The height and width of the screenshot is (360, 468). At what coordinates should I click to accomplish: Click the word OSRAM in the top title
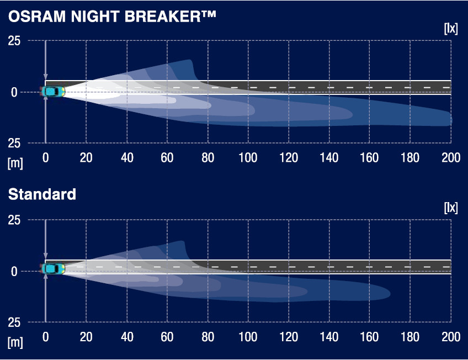point(37,17)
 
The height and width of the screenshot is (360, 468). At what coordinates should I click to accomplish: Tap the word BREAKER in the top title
point(162,17)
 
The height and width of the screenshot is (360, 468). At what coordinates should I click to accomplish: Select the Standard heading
point(42,194)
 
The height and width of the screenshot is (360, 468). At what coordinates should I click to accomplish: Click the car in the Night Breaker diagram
point(52,91)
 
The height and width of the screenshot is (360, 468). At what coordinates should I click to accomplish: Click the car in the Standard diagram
point(52,269)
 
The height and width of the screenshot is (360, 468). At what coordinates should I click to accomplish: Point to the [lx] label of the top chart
point(451,29)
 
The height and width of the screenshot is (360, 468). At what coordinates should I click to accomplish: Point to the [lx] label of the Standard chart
point(451,208)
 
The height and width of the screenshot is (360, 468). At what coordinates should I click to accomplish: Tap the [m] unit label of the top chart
point(15,163)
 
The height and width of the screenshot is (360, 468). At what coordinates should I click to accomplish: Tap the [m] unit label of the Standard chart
point(15,342)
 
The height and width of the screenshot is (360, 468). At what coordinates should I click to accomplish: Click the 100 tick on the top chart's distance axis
point(248,157)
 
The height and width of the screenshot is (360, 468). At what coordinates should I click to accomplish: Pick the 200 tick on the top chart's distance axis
point(451,157)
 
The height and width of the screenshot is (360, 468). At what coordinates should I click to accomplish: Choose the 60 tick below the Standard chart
point(167,337)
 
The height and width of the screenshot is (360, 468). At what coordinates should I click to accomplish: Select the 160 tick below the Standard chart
point(369,337)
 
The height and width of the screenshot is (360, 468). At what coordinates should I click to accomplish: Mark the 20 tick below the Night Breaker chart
point(86,157)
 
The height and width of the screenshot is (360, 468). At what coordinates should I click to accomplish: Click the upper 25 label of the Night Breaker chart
point(14,41)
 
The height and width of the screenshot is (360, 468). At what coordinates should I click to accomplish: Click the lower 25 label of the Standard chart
point(14,322)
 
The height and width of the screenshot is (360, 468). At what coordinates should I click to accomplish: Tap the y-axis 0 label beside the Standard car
point(14,272)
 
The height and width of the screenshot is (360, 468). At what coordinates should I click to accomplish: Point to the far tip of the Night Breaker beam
point(452,120)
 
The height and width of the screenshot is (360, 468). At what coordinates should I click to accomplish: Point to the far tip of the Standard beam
point(390,294)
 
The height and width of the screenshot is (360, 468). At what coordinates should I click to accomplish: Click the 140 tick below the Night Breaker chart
point(329,157)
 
